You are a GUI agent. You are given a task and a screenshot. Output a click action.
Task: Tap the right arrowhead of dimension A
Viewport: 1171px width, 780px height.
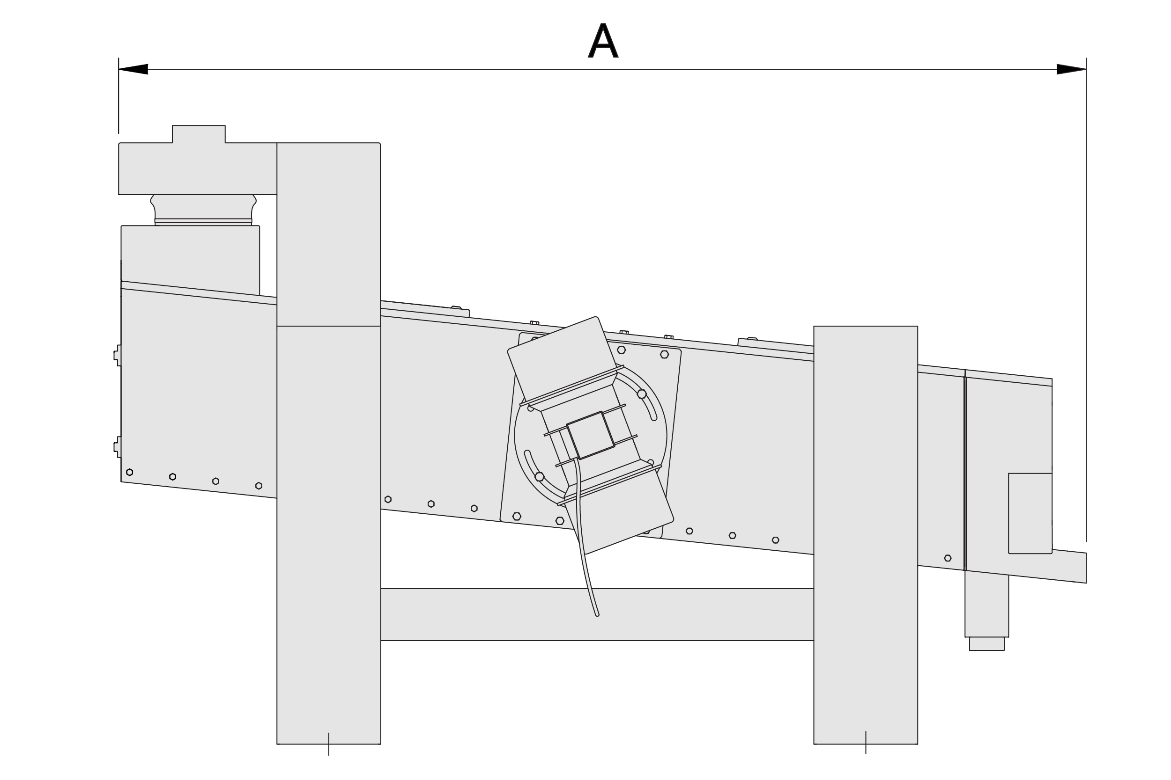(1071, 69)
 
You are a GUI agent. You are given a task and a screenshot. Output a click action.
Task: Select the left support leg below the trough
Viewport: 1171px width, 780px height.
(329, 535)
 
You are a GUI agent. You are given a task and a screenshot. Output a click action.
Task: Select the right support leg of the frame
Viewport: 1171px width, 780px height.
(866, 535)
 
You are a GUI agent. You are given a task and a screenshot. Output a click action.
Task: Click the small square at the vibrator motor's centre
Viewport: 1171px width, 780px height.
(591, 435)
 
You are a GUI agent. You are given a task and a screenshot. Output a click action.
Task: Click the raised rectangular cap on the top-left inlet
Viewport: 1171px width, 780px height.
(199, 134)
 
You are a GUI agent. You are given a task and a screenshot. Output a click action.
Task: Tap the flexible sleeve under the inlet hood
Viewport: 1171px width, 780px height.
(203, 210)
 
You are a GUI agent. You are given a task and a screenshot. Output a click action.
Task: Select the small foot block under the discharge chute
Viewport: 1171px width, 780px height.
(987, 644)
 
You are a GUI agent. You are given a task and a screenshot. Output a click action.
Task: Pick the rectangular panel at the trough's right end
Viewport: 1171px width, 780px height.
(1030, 513)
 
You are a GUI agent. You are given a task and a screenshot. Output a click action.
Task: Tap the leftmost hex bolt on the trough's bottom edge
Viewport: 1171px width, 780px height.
(129, 472)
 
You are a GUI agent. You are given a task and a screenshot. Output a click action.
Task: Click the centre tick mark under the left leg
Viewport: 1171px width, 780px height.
(329, 744)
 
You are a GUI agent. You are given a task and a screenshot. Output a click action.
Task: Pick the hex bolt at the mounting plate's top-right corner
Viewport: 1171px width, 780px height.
(664, 354)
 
